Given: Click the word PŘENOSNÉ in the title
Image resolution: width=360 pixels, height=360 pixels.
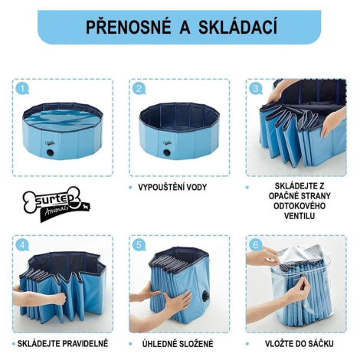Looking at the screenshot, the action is tap(129, 27).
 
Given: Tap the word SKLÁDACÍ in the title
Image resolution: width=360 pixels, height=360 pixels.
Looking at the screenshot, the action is tap(237, 27).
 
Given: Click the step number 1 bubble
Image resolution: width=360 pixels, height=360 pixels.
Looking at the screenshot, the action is tap(22, 89).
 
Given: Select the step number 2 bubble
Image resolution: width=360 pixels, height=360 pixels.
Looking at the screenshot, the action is tap(139, 89).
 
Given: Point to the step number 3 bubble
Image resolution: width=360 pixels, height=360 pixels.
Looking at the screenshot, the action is tap(256, 89).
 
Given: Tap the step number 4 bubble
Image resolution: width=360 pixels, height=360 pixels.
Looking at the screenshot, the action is tap(22, 245).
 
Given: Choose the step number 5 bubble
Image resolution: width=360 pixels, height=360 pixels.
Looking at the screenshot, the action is tap(139, 245).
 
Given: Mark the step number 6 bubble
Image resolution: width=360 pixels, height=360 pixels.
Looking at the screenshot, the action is tap(256, 245).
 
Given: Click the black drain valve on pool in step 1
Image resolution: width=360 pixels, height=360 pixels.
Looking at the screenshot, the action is tap(50, 152).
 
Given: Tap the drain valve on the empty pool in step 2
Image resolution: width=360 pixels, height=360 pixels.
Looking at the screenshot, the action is tap(167, 152).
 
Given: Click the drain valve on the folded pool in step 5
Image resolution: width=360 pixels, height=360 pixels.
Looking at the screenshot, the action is tap(205, 296).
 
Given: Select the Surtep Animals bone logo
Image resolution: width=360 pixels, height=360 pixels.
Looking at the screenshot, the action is tap(57, 204).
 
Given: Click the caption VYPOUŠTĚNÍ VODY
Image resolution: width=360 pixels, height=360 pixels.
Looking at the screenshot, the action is tap(172, 187).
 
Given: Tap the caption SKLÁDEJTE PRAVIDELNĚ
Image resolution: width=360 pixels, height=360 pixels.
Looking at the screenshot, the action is tap(63, 343).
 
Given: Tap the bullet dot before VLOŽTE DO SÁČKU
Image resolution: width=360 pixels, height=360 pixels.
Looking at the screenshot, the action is tap(247, 344).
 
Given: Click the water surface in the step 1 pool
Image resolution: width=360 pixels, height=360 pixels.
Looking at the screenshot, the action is tap(62, 118).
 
